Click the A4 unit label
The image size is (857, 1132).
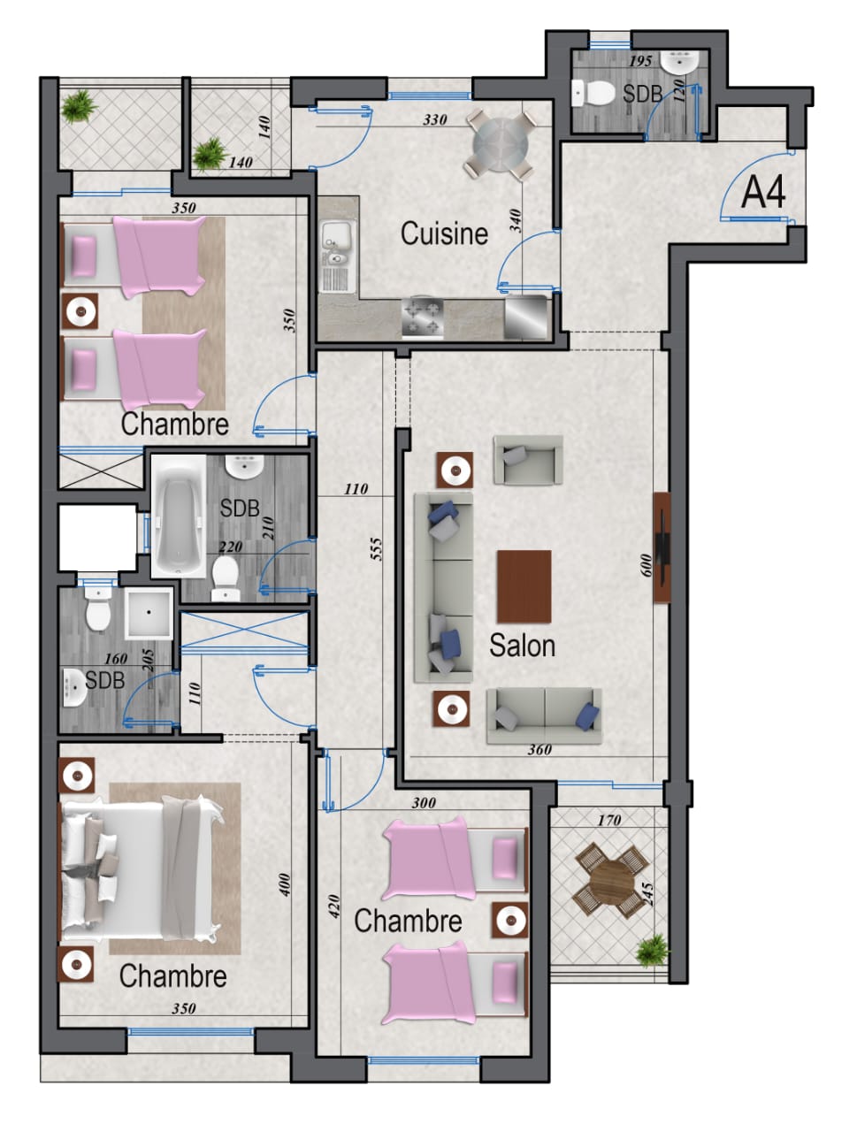click(762, 193)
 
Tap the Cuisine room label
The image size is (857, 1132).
click(444, 233)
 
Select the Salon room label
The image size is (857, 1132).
click(522, 646)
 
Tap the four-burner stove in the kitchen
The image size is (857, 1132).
click(423, 317)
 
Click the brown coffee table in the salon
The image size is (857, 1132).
click(524, 586)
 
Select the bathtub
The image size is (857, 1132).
click(179, 516)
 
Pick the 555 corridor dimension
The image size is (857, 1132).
click(376, 549)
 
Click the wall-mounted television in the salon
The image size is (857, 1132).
click(662, 547)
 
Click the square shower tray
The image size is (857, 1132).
click(149, 612)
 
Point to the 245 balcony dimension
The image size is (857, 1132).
click(648, 894)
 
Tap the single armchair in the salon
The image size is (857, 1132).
click(527, 460)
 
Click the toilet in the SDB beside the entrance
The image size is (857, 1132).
click(593, 94)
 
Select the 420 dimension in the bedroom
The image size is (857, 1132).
click(333, 906)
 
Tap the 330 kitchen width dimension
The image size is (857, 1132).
click(434, 119)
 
